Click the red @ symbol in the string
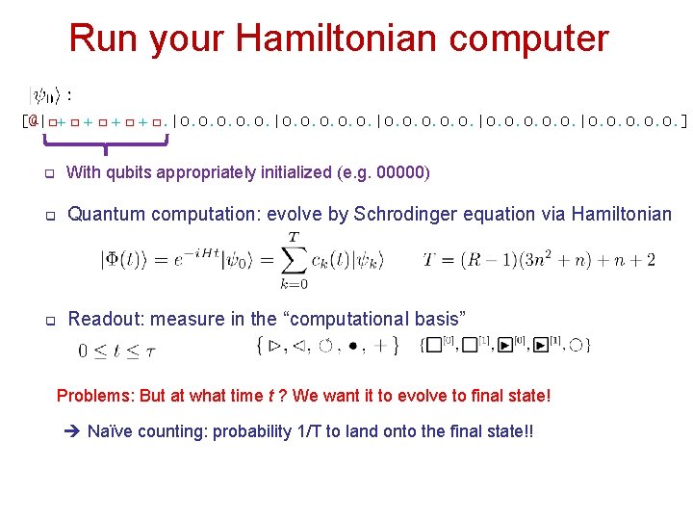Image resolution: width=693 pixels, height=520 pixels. (33, 121)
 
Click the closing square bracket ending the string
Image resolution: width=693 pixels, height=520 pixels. (683, 121)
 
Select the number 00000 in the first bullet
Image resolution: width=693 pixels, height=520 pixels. (403, 173)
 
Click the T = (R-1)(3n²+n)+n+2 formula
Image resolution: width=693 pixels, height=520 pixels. (539, 260)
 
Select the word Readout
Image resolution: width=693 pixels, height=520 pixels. (103, 319)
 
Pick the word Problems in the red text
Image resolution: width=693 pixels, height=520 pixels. (92, 396)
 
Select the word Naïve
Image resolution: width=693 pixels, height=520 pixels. (110, 431)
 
